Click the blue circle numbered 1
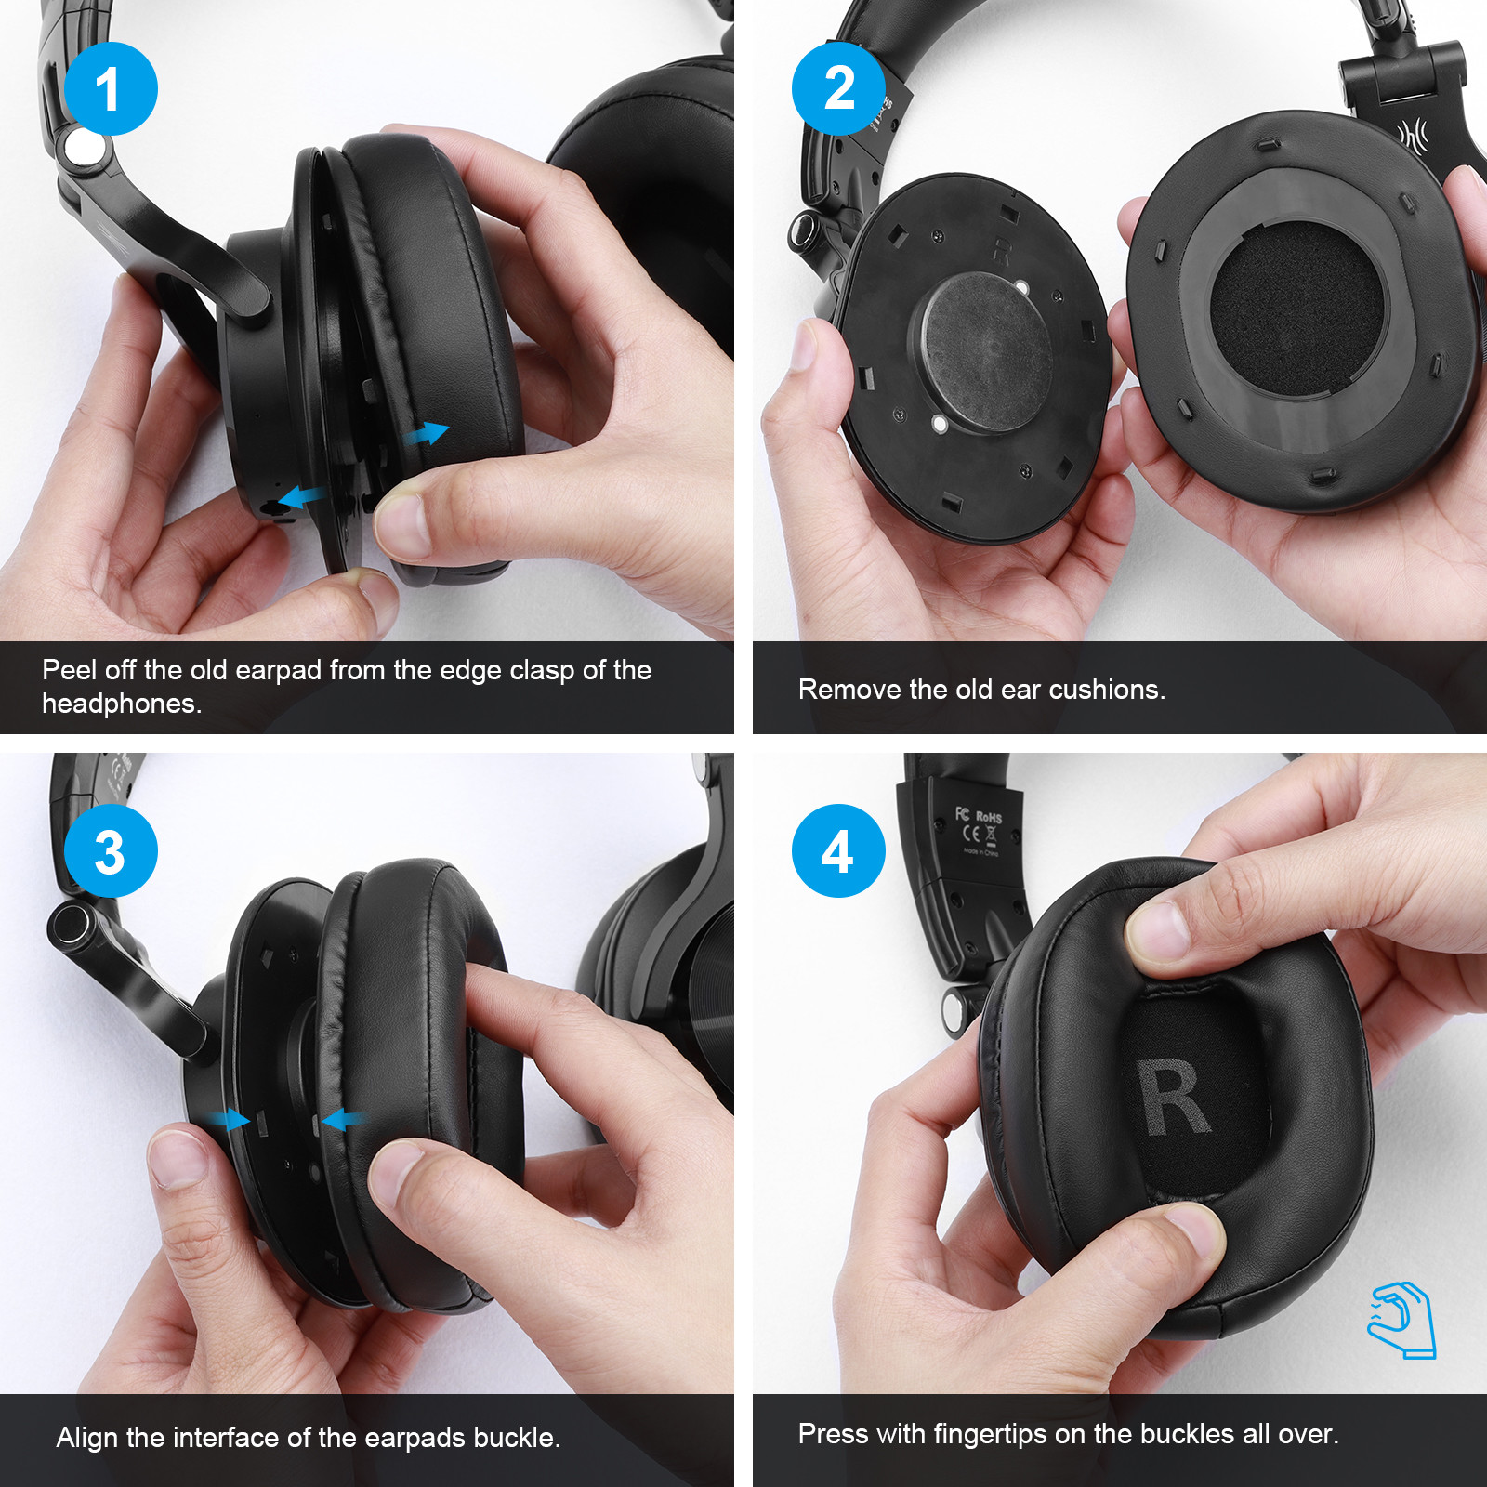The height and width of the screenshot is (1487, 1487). [111, 88]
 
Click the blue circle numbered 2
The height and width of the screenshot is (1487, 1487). [838, 88]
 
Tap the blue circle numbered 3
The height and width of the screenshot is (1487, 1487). [111, 851]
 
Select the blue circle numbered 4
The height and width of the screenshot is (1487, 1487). [838, 851]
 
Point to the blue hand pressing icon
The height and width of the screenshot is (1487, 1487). [1401, 1320]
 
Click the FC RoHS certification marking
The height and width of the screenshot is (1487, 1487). [979, 817]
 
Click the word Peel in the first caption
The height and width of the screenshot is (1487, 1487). [69, 670]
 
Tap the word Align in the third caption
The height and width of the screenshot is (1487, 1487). [87, 1438]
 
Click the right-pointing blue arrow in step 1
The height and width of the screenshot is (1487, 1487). [427, 433]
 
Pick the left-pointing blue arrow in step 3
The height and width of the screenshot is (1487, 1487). [345, 1119]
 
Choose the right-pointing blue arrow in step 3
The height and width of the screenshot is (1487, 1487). [229, 1119]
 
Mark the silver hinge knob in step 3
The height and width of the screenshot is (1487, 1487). [70, 926]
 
